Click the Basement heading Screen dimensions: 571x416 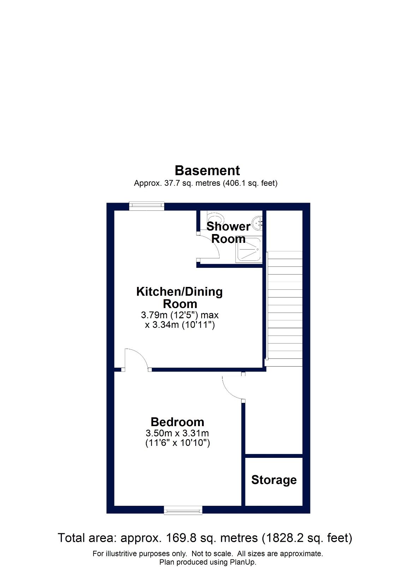click(207, 171)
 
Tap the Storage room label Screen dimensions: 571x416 click(274, 480)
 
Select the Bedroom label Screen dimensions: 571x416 click(177, 422)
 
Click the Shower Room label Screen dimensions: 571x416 click(228, 233)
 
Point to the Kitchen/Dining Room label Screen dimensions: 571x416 click(179, 297)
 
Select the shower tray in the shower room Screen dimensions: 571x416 click(249, 250)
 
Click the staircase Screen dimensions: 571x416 click(285, 305)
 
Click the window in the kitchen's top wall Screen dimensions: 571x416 click(147, 206)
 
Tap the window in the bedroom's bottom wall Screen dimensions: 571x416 click(183, 510)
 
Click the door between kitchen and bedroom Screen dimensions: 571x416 click(136, 360)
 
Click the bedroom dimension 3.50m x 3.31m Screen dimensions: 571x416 click(177, 433)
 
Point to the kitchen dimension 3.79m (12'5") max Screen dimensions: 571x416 click(180, 315)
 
